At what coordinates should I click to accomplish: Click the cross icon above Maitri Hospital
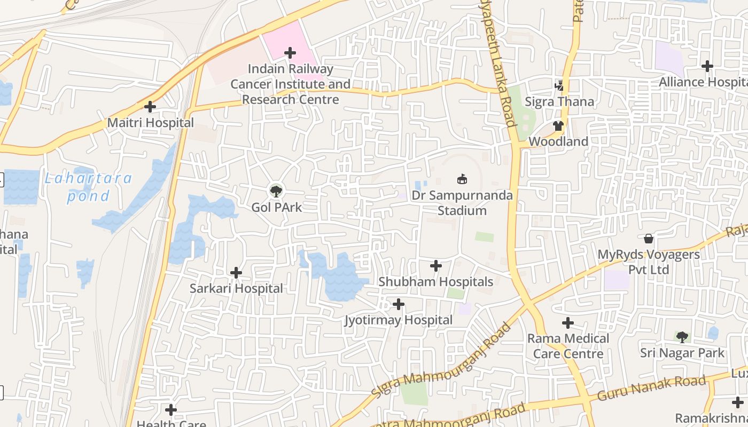pyautogui.click(x=150, y=107)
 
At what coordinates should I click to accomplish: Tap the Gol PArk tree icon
pyautogui.click(x=276, y=191)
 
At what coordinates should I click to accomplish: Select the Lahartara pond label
pyautogui.click(x=88, y=187)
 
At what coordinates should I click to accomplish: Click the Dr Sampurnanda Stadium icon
pyautogui.click(x=462, y=179)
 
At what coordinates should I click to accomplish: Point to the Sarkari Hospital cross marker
pyautogui.click(x=236, y=273)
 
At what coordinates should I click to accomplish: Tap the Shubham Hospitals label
pyautogui.click(x=435, y=281)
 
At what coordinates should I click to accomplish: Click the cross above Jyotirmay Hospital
pyautogui.click(x=399, y=305)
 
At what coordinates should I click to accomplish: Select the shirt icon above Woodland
pyautogui.click(x=558, y=126)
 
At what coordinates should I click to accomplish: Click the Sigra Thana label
pyautogui.click(x=559, y=101)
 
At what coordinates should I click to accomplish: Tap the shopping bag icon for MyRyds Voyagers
pyautogui.click(x=649, y=239)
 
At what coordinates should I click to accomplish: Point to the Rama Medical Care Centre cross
pyautogui.click(x=568, y=323)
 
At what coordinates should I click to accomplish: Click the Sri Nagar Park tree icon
pyautogui.click(x=682, y=337)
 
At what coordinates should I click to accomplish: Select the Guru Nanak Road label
pyautogui.click(x=651, y=389)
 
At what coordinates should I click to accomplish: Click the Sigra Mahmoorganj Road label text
pyautogui.click(x=442, y=361)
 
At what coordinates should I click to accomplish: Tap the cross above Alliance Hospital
pyautogui.click(x=707, y=66)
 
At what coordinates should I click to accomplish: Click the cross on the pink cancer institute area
pyautogui.click(x=290, y=53)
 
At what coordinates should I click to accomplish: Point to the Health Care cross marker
pyautogui.click(x=171, y=410)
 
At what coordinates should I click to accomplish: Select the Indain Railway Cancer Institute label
pyautogui.click(x=290, y=84)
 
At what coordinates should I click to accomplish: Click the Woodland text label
pyautogui.click(x=558, y=141)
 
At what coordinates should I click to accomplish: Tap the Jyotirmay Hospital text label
pyautogui.click(x=399, y=320)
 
